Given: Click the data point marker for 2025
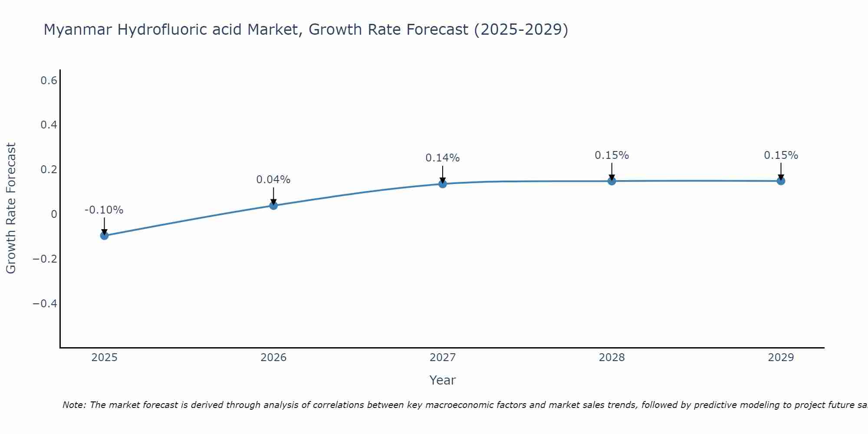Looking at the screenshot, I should point(104,236).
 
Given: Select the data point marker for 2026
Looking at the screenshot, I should point(273,205).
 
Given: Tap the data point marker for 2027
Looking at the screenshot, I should point(443,184).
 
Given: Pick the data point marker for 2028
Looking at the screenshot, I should point(612,181).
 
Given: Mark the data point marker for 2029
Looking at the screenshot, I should point(781,181).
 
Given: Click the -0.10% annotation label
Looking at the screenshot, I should point(104,210).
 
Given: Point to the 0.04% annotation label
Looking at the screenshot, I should point(273,180).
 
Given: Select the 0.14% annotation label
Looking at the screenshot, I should point(442,158).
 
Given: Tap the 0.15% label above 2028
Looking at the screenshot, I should point(612,155).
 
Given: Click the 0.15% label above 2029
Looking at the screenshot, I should point(781,155).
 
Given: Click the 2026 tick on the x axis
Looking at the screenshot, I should point(273,358).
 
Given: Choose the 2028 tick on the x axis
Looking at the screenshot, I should point(612,358).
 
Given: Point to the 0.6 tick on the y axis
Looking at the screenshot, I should point(49,80).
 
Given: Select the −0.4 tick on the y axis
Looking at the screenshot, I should point(45,303).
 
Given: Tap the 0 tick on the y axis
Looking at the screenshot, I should point(54,214).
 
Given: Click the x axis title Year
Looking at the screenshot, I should point(442,381).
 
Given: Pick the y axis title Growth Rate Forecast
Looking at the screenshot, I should point(11,208).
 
